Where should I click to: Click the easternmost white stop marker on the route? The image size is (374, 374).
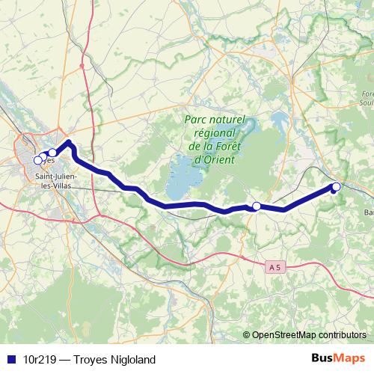(x=337, y=186)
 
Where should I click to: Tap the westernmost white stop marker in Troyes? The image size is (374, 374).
(x=37, y=159)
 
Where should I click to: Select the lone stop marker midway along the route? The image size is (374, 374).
(x=256, y=206)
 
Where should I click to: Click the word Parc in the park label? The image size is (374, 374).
(x=197, y=120)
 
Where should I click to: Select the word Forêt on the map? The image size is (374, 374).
(x=228, y=147)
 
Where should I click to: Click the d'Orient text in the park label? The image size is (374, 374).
(x=214, y=159)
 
